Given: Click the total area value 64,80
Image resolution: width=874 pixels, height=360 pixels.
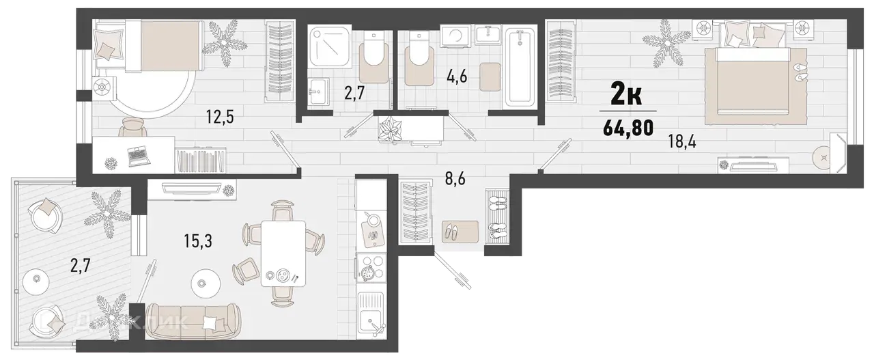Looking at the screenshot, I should click(x=628, y=128).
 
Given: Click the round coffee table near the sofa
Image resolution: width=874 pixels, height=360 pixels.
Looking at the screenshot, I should click(x=206, y=283).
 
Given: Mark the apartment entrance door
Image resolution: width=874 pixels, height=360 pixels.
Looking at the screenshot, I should click(x=452, y=272).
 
